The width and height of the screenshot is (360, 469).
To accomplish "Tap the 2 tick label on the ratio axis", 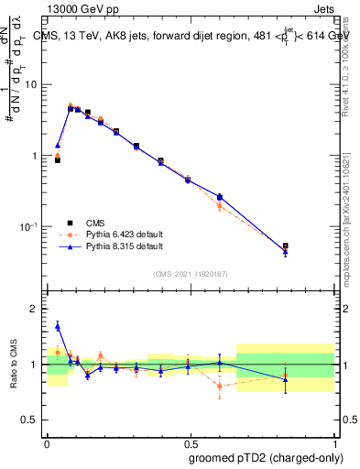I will pos(34,310).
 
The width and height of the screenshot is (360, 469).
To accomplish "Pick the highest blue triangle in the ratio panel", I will pos(58,325).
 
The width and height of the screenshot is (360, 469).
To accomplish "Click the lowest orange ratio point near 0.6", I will pos(220,386).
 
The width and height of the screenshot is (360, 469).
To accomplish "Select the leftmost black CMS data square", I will pos(58,159).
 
